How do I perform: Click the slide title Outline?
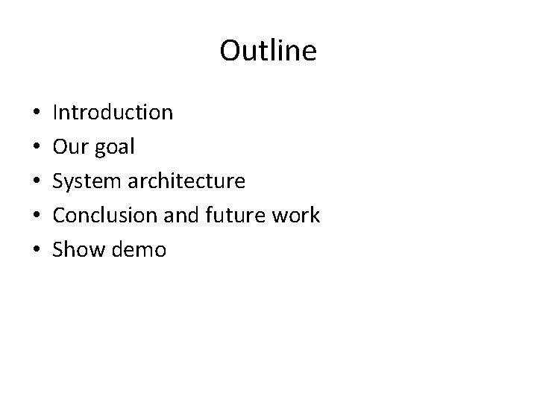tap(268, 51)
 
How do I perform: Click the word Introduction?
tap(113, 113)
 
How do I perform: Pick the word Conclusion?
tap(102, 216)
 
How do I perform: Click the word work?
tap(295, 216)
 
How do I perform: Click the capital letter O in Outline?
tap(230, 51)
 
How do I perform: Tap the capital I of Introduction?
tap(57, 113)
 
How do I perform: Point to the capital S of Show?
tap(59, 250)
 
